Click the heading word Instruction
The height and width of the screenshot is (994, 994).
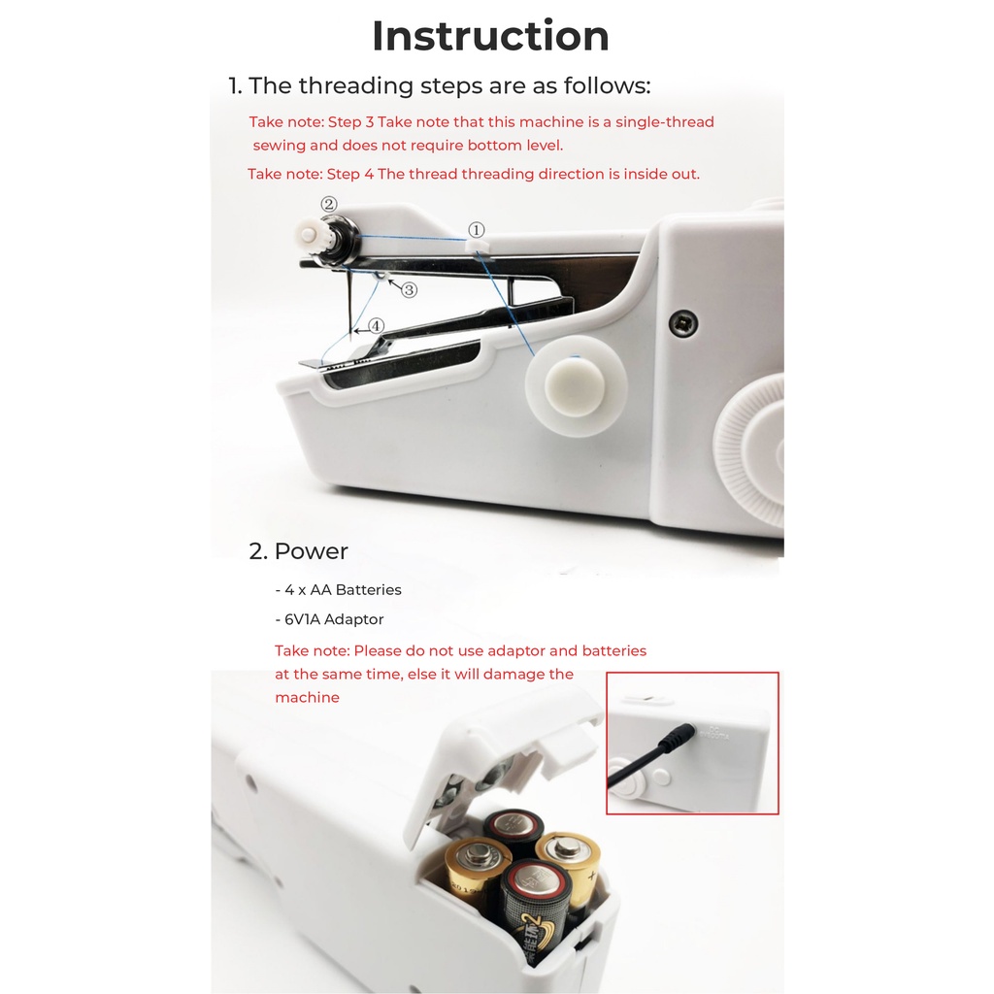pyautogui.click(x=490, y=36)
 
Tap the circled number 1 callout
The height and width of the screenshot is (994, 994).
pyautogui.click(x=476, y=229)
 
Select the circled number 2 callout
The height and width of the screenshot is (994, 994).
pyautogui.click(x=328, y=204)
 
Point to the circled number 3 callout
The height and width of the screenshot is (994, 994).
pyautogui.click(x=409, y=290)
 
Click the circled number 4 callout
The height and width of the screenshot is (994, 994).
pyautogui.click(x=377, y=326)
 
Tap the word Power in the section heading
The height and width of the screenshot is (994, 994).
pyautogui.click(x=311, y=551)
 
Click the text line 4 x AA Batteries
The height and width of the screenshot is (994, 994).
pyautogui.click(x=338, y=590)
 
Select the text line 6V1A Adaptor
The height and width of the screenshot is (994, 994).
pyautogui.click(x=329, y=619)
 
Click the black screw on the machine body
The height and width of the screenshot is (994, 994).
pyautogui.click(x=683, y=324)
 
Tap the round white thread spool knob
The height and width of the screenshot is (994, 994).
pyautogui.click(x=575, y=386)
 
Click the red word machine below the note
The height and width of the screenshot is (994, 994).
pyautogui.click(x=307, y=697)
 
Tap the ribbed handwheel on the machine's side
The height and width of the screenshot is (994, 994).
pyautogui.click(x=751, y=447)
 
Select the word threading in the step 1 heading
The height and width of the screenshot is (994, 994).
pyautogui.click(x=355, y=86)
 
